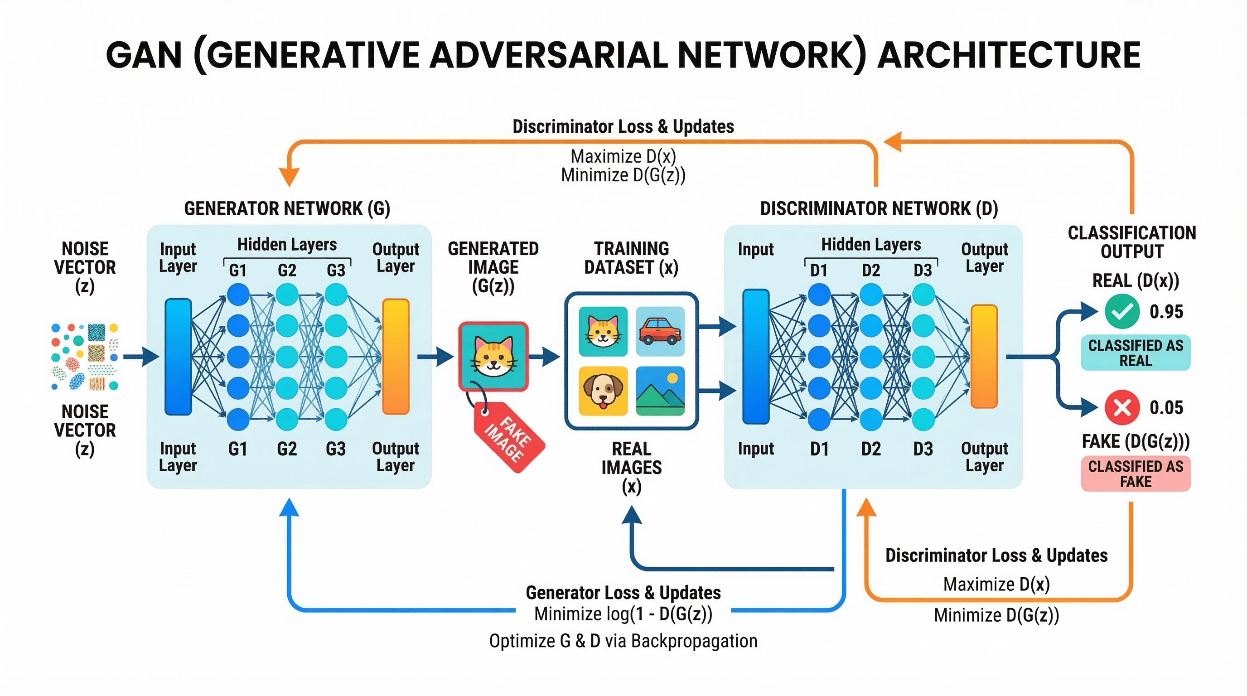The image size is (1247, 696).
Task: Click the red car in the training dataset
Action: pos(660,332)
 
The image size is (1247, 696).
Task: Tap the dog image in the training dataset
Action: pos(603,391)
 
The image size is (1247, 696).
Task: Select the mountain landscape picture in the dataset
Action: pos(660,391)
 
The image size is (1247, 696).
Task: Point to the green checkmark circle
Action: pos(1121,311)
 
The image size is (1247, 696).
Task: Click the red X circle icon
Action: pos(1121,407)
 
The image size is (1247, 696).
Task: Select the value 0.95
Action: pos(1166,312)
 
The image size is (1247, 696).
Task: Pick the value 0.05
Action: pos(1166,407)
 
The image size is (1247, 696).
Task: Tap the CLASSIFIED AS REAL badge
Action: pos(1135,353)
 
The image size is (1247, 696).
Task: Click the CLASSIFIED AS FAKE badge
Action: pos(1135,474)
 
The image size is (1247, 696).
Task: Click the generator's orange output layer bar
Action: pos(396,357)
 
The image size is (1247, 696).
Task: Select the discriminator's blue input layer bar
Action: pos(756,357)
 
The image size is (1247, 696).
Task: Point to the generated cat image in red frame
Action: pos(493,356)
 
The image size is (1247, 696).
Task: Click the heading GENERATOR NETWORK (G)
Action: pos(287,208)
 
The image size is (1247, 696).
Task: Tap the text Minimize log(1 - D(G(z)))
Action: pos(623,614)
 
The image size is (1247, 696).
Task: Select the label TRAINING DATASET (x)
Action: pos(631,258)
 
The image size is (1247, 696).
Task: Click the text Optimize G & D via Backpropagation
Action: pos(623,641)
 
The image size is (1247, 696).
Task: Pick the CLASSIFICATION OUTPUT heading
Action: pos(1131,242)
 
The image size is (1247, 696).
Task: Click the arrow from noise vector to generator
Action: pos(141,357)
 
